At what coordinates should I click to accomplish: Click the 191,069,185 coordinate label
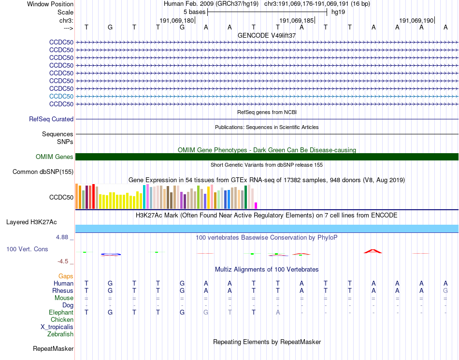[296, 20]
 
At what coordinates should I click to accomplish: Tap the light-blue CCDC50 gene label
[61, 96]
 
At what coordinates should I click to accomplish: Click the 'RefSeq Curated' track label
[51, 119]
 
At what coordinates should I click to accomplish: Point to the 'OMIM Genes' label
[55, 157]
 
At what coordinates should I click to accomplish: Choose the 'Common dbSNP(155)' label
[43, 172]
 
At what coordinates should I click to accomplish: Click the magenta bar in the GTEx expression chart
[256, 205]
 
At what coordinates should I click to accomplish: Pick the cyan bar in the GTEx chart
[144, 197]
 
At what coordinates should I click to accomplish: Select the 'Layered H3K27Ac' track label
[31, 222]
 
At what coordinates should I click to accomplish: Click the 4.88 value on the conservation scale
[62, 237]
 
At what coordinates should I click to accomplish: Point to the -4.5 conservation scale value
[63, 261]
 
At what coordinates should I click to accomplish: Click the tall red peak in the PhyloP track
[373, 251]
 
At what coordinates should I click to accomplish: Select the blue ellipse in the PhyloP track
[111, 254]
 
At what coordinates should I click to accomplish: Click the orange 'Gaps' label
[66, 276]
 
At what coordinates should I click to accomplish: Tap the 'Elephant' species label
[61, 312]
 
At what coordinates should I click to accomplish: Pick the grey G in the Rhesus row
[445, 290]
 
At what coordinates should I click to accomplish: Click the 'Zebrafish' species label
[60, 334]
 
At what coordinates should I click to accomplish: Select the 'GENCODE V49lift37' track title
[267, 35]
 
